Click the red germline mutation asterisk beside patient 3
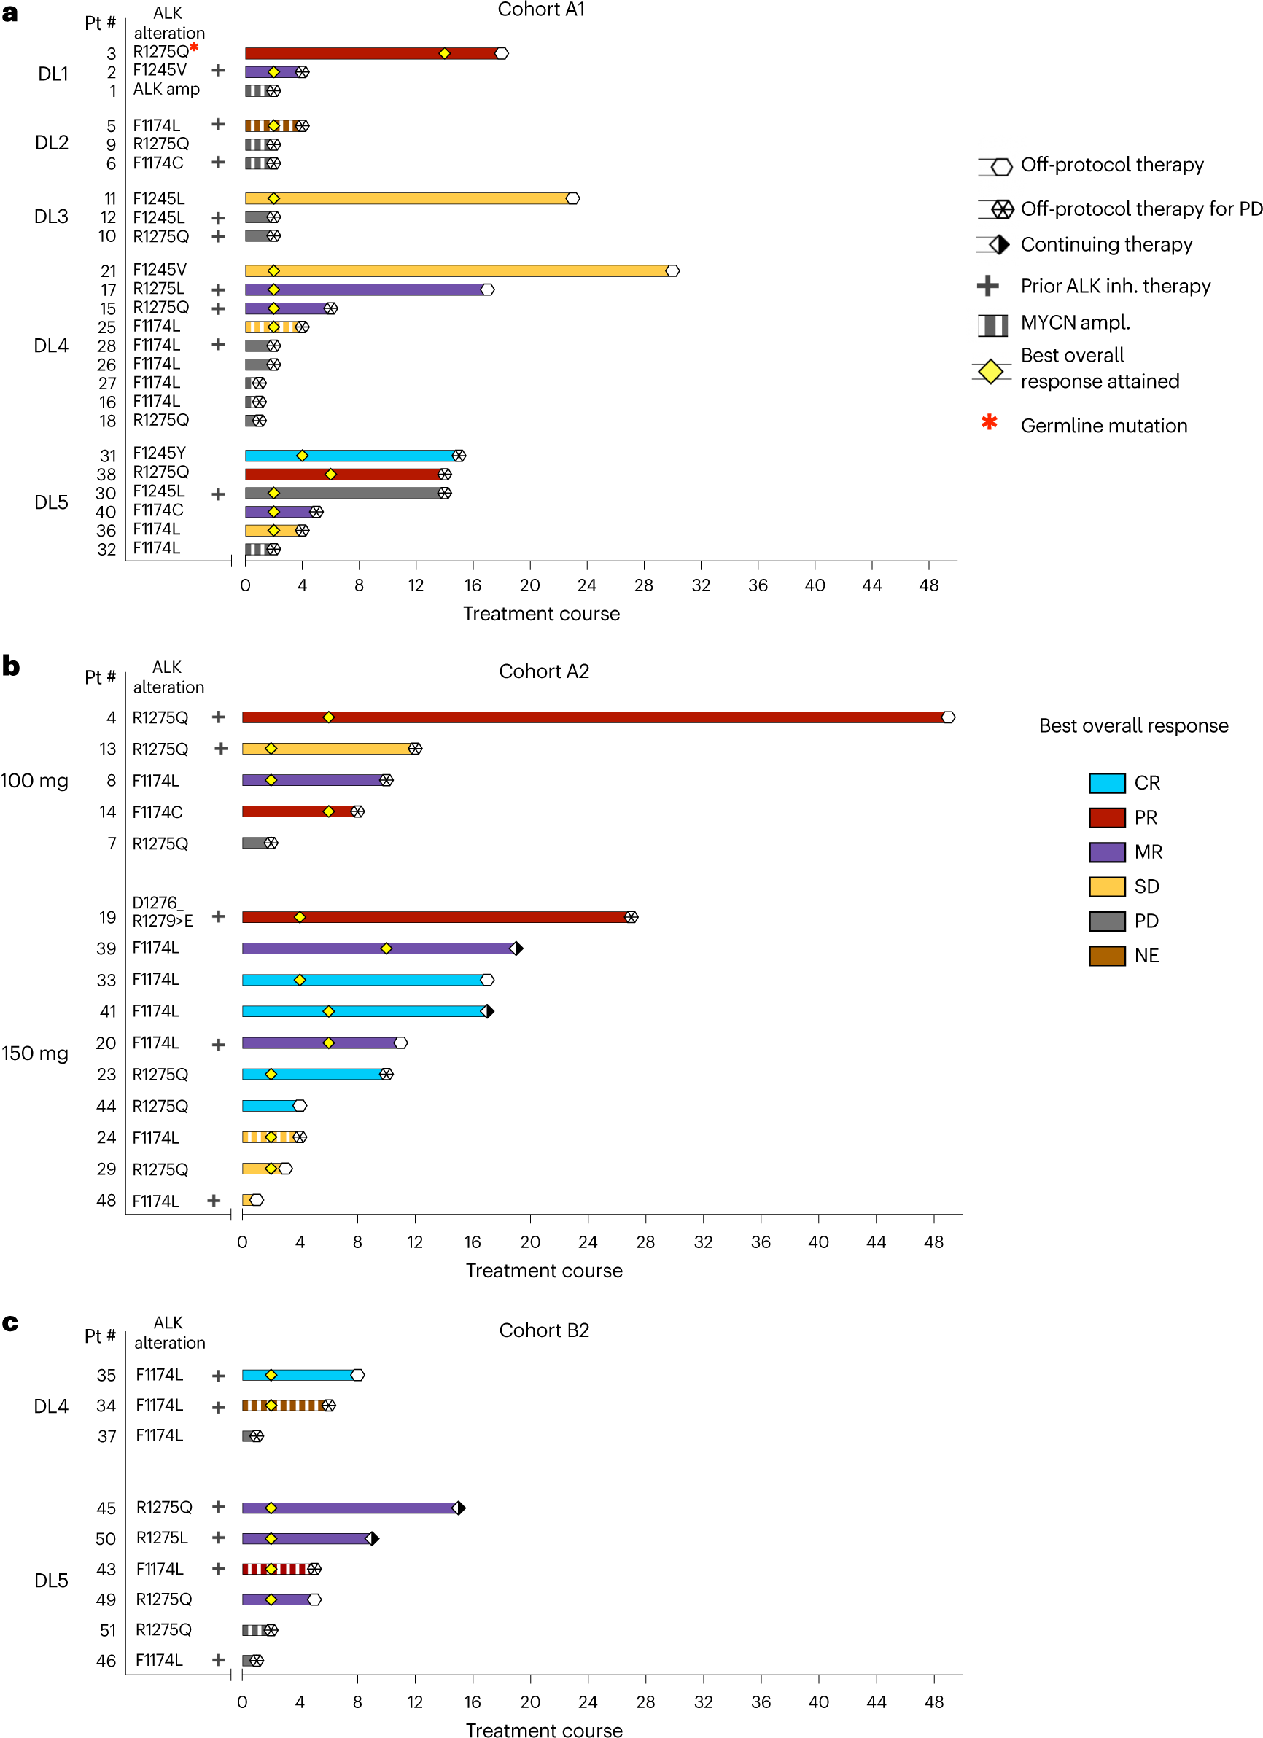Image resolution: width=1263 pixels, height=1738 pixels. [x=194, y=47]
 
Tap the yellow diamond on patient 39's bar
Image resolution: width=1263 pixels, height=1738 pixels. [x=386, y=948]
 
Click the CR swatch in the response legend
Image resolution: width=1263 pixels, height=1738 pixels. [x=1107, y=783]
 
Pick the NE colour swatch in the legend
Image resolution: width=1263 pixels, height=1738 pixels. [x=1107, y=956]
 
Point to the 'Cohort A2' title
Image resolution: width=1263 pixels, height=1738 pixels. [x=543, y=671]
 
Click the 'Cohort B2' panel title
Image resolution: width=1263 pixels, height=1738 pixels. [x=543, y=1330]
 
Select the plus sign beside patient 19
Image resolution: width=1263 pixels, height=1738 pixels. [x=219, y=916]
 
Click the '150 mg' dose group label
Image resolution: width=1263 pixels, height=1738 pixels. [x=34, y=1053]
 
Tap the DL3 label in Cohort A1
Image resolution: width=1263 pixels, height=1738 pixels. [x=51, y=217]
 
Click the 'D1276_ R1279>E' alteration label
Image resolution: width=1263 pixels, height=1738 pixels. [x=162, y=911]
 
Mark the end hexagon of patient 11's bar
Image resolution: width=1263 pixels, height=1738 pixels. [x=572, y=198]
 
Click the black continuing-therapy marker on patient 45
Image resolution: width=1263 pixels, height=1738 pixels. [x=461, y=1508]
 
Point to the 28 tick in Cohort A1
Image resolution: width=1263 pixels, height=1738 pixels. [x=643, y=585]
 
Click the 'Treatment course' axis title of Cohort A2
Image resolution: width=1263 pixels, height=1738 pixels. [x=543, y=1271]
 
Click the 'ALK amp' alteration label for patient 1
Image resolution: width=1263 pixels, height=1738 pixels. [x=166, y=90]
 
